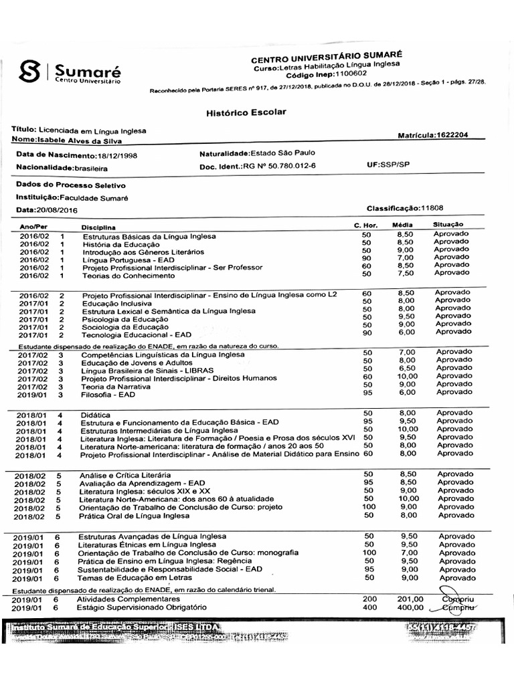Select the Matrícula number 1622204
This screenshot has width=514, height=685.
[450, 135]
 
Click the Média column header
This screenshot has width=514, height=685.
[402, 225]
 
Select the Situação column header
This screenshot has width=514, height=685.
[448, 225]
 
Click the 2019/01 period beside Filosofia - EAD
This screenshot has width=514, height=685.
[31, 395]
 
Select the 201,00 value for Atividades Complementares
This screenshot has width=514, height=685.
[410, 599]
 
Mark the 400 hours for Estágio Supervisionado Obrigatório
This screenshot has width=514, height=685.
[369, 607]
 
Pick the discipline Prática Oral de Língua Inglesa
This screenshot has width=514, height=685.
[134, 516]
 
